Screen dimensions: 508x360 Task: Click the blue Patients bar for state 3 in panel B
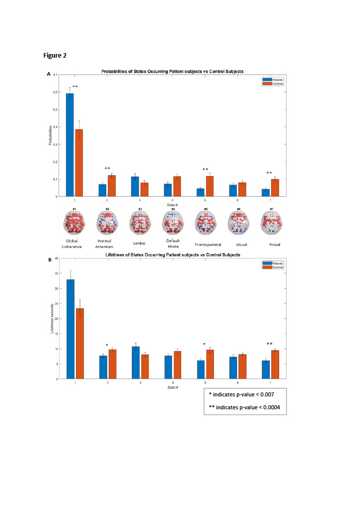tap(136, 363)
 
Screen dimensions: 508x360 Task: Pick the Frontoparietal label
tap(204, 245)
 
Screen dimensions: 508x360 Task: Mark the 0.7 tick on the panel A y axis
tap(55, 74)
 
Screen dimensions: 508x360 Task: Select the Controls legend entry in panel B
tap(273, 267)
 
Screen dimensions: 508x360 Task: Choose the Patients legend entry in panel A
tap(273, 79)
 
